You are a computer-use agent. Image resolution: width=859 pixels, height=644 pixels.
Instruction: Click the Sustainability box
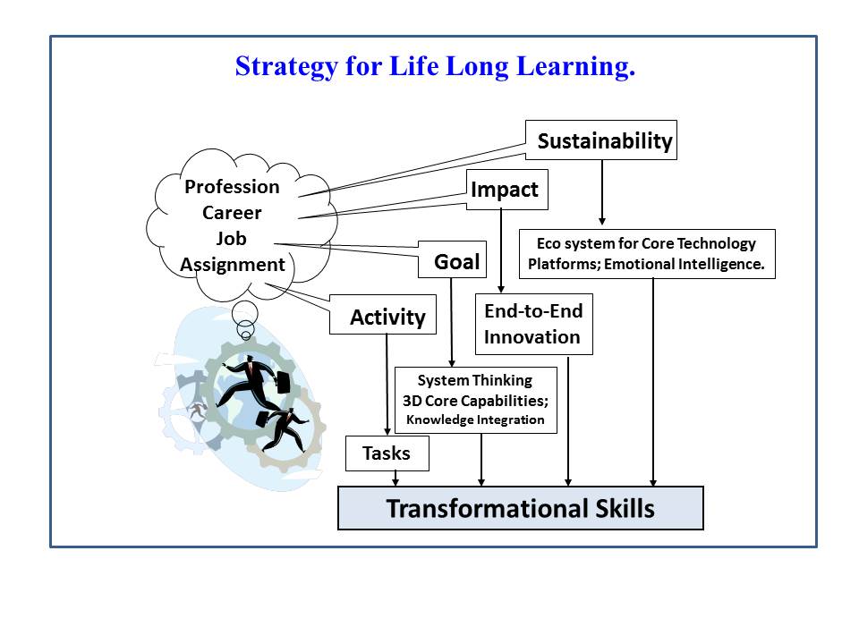pyautogui.click(x=601, y=140)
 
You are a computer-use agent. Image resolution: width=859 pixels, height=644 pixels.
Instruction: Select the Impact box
pyautogui.click(x=506, y=190)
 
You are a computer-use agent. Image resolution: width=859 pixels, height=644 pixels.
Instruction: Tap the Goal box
pyautogui.click(x=452, y=259)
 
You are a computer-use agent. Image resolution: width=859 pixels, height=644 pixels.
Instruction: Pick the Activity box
pyautogui.click(x=383, y=314)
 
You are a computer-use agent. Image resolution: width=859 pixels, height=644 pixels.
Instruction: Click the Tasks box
pyautogui.click(x=387, y=453)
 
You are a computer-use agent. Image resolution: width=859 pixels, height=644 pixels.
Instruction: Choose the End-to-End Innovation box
pyautogui.click(x=534, y=324)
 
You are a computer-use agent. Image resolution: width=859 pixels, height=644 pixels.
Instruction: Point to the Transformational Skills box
pyautogui.click(x=521, y=508)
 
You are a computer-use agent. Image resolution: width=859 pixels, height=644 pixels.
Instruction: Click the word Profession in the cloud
pyautogui.click(x=232, y=187)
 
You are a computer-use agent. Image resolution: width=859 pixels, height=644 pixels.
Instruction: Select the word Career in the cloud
pyautogui.click(x=232, y=213)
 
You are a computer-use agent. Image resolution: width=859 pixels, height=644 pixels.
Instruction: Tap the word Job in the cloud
pyautogui.click(x=231, y=239)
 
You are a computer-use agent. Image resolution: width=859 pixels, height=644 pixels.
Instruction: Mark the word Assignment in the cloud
pyautogui.click(x=233, y=265)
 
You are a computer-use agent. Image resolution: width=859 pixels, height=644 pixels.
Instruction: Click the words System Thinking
pyautogui.click(x=475, y=380)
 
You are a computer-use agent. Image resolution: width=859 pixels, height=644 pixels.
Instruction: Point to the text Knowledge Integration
pyautogui.click(x=475, y=420)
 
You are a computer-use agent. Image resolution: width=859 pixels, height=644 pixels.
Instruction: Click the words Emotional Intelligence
pyautogui.click(x=685, y=264)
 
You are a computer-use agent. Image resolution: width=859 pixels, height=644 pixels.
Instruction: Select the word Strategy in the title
pyautogui.click(x=286, y=67)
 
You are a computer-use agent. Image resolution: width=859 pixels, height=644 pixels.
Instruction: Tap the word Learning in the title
pyautogui.click(x=575, y=67)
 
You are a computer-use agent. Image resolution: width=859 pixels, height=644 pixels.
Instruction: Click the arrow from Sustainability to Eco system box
pyautogui.click(x=602, y=192)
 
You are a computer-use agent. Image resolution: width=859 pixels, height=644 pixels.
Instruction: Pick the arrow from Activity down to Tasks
pyautogui.click(x=387, y=385)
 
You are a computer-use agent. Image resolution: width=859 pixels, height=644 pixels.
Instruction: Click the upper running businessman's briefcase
pyautogui.click(x=284, y=382)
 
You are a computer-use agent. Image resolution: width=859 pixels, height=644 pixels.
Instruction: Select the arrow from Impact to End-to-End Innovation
pyautogui.click(x=501, y=251)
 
